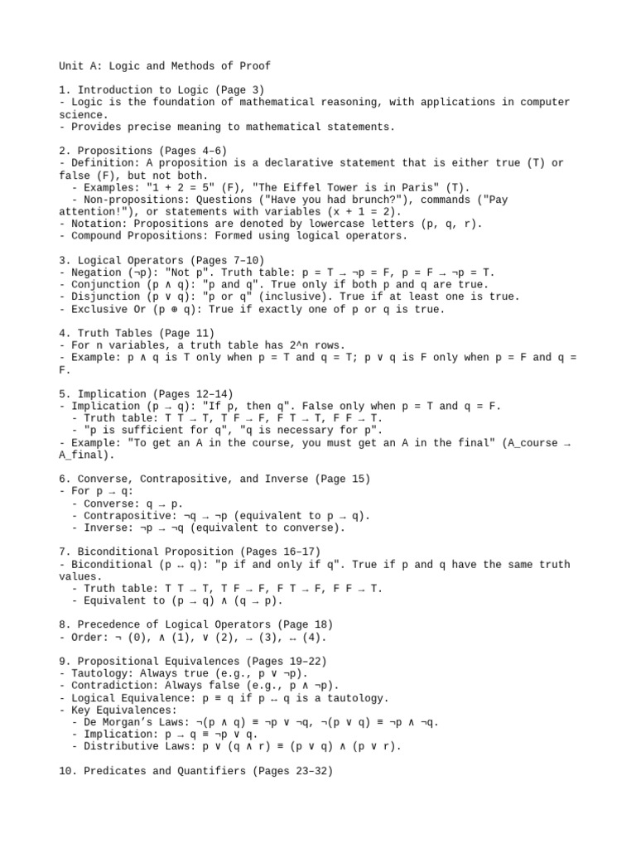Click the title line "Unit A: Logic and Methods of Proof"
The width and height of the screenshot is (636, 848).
[x=165, y=65]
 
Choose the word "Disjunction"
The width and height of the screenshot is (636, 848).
[x=104, y=296]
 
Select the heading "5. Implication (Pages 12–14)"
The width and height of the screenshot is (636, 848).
[x=147, y=393]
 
